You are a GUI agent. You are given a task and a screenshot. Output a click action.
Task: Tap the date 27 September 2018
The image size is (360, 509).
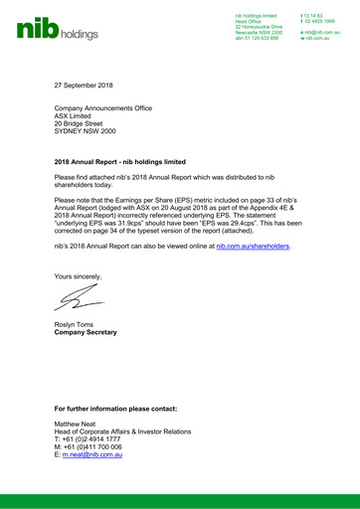86,86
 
